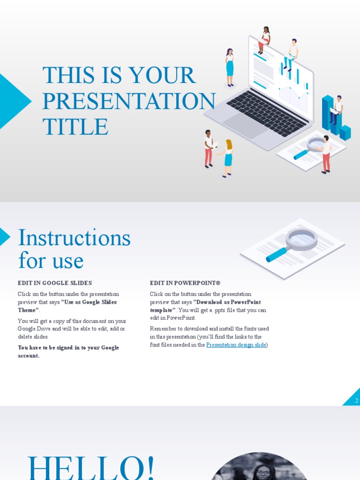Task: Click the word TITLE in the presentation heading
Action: [75, 127]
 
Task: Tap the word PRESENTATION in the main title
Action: [129, 101]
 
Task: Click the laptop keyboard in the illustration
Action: [267, 112]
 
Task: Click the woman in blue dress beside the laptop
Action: [230, 68]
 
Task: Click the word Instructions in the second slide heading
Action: [74, 238]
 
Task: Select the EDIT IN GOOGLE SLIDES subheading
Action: [55, 283]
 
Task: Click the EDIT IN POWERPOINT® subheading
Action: [185, 283]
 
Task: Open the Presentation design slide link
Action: [236, 345]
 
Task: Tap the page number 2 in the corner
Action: [356, 401]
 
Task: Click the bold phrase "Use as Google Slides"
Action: [89, 302]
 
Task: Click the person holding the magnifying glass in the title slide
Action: [326, 154]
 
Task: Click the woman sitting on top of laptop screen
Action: [264, 40]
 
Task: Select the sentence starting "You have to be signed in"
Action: [68, 352]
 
